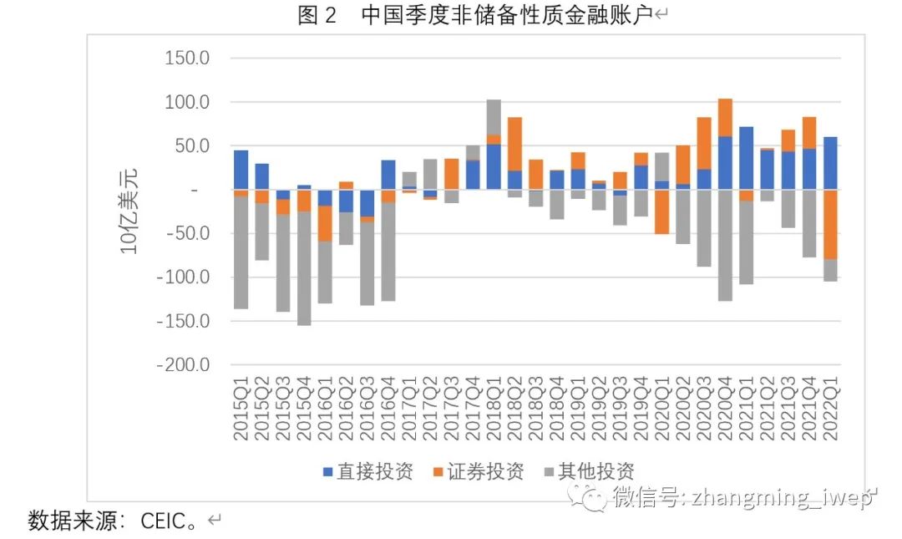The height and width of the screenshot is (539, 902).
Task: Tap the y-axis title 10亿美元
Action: (130, 211)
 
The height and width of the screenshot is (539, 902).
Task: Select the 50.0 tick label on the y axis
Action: (190, 146)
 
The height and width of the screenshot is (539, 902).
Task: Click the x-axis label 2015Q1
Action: (241, 409)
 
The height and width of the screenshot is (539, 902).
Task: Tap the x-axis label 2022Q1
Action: (830, 409)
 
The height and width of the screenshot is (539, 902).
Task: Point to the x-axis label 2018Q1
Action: (494, 409)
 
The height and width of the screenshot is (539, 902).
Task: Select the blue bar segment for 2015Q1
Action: (241, 170)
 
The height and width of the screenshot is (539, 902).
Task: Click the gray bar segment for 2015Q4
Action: (304, 268)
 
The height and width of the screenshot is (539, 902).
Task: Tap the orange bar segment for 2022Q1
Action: (830, 224)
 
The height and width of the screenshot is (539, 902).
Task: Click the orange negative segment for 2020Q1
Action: (661, 211)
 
